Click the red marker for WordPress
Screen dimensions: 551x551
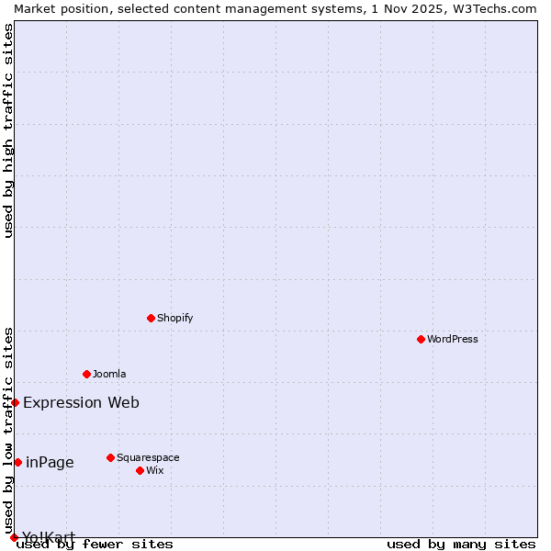click(x=421, y=339)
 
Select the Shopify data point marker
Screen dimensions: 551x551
click(x=151, y=318)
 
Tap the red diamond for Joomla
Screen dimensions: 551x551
click(x=86, y=374)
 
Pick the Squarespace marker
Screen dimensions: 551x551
click(x=110, y=457)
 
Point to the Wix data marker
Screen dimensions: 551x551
click(x=140, y=470)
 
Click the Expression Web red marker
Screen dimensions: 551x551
click(x=15, y=402)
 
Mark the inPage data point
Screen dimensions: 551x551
click(x=17, y=462)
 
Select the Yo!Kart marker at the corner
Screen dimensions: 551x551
click(x=14, y=537)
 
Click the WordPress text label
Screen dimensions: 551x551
click(x=453, y=339)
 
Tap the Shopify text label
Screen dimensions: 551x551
click(x=174, y=318)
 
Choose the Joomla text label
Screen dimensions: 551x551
click(x=109, y=374)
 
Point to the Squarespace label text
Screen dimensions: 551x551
click(x=148, y=457)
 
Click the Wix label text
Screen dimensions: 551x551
click(x=154, y=470)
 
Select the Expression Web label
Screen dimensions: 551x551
click(x=81, y=402)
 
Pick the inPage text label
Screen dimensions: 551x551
click(x=50, y=462)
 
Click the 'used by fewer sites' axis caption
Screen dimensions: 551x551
click(x=96, y=544)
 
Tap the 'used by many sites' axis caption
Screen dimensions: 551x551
click(x=461, y=544)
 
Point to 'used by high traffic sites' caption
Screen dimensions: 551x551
click(x=8, y=130)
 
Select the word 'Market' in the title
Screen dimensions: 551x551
click(x=34, y=8)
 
